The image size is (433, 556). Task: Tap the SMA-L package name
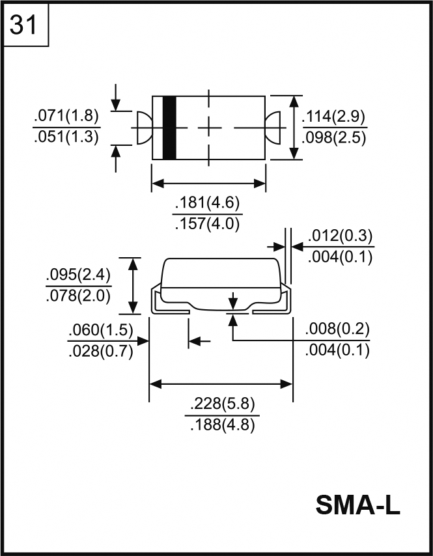click(x=357, y=505)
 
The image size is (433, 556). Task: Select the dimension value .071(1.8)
click(x=66, y=116)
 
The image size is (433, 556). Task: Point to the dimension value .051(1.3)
click(x=66, y=136)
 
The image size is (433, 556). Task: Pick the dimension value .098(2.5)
click(x=334, y=138)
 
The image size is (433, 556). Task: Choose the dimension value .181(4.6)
click(x=208, y=204)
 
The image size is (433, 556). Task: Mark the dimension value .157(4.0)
click(x=208, y=224)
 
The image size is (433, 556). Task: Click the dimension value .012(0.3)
click(x=339, y=236)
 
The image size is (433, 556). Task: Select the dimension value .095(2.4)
click(x=78, y=274)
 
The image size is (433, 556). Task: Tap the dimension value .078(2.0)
click(x=78, y=295)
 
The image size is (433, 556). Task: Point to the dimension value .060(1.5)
click(x=100, y=331)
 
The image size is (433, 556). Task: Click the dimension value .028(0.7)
click(x=100, y=352)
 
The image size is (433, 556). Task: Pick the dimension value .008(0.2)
click(x=337, y=330)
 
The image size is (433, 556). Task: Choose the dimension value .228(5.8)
click(x=221, y=404)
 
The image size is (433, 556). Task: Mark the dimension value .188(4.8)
click(x=221, y=425)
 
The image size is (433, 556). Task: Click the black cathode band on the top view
click(x=169, y=128)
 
